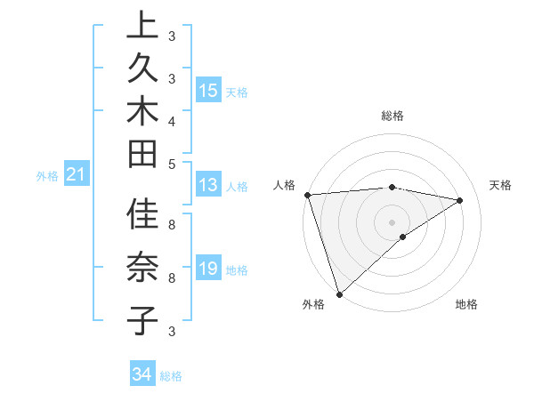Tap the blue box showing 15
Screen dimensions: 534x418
coord(208,91)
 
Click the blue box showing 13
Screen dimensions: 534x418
coord(208,186)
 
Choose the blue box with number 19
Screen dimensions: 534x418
coord(208,269)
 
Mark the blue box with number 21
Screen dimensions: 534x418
coord(77,175)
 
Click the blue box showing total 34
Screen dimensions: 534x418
coord(142,375)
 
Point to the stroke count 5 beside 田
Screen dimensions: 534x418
coord(172,163)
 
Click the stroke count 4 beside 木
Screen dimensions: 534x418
coord(172,120)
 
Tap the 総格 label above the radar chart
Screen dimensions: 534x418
coord(392,116)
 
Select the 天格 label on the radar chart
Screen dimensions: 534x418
coord(501,185)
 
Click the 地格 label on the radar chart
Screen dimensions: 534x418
coord(466,304)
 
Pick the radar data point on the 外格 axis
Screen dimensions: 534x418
coord(339,293)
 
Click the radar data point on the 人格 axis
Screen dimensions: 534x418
coord(307,195)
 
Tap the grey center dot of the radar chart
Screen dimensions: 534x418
coord(392,221)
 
